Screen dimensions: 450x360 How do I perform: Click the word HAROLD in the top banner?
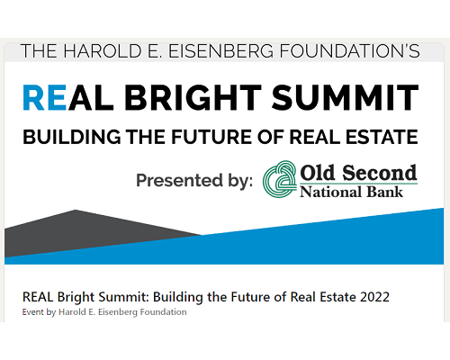click(103, 51)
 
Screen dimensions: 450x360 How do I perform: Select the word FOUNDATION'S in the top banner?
click(350, 51)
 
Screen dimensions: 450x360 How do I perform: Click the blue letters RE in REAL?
click(45, 98)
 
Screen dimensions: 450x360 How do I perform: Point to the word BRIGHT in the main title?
click(193, 98)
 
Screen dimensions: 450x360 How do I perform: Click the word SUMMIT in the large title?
click(345, 98)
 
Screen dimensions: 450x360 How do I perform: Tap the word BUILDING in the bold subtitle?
click(72, 137)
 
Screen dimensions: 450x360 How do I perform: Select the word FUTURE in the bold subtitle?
click(212, 137)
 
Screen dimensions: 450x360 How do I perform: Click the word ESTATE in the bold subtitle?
click(382, 137)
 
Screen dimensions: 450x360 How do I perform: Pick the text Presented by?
click(194, 181)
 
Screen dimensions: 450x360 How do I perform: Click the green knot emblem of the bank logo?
click(280, 179)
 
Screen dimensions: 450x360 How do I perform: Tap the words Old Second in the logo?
click(358, 173)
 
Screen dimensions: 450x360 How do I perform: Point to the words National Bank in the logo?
click(351, 192)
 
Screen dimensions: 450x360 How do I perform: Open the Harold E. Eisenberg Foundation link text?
click(122, 312)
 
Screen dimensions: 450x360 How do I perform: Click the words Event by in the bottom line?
click(39, 312)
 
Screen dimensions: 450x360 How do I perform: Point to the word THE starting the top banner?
click(39, 51)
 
